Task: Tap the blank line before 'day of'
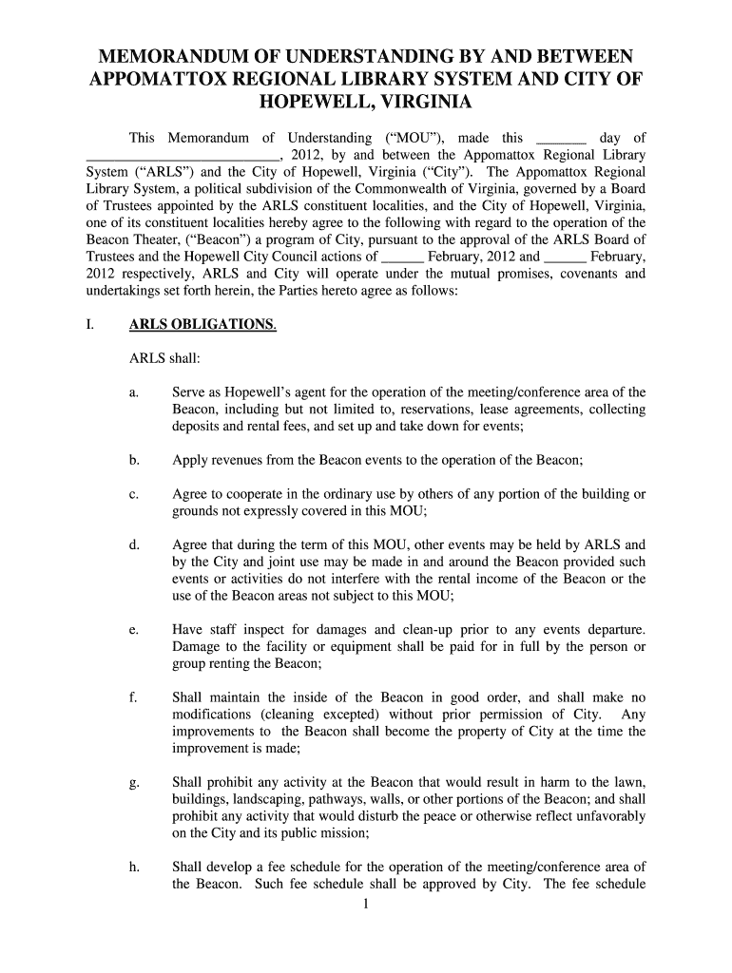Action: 562,139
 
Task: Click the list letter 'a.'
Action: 134,392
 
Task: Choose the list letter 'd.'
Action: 134,545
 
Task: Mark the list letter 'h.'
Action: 134,867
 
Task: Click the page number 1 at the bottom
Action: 366,904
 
